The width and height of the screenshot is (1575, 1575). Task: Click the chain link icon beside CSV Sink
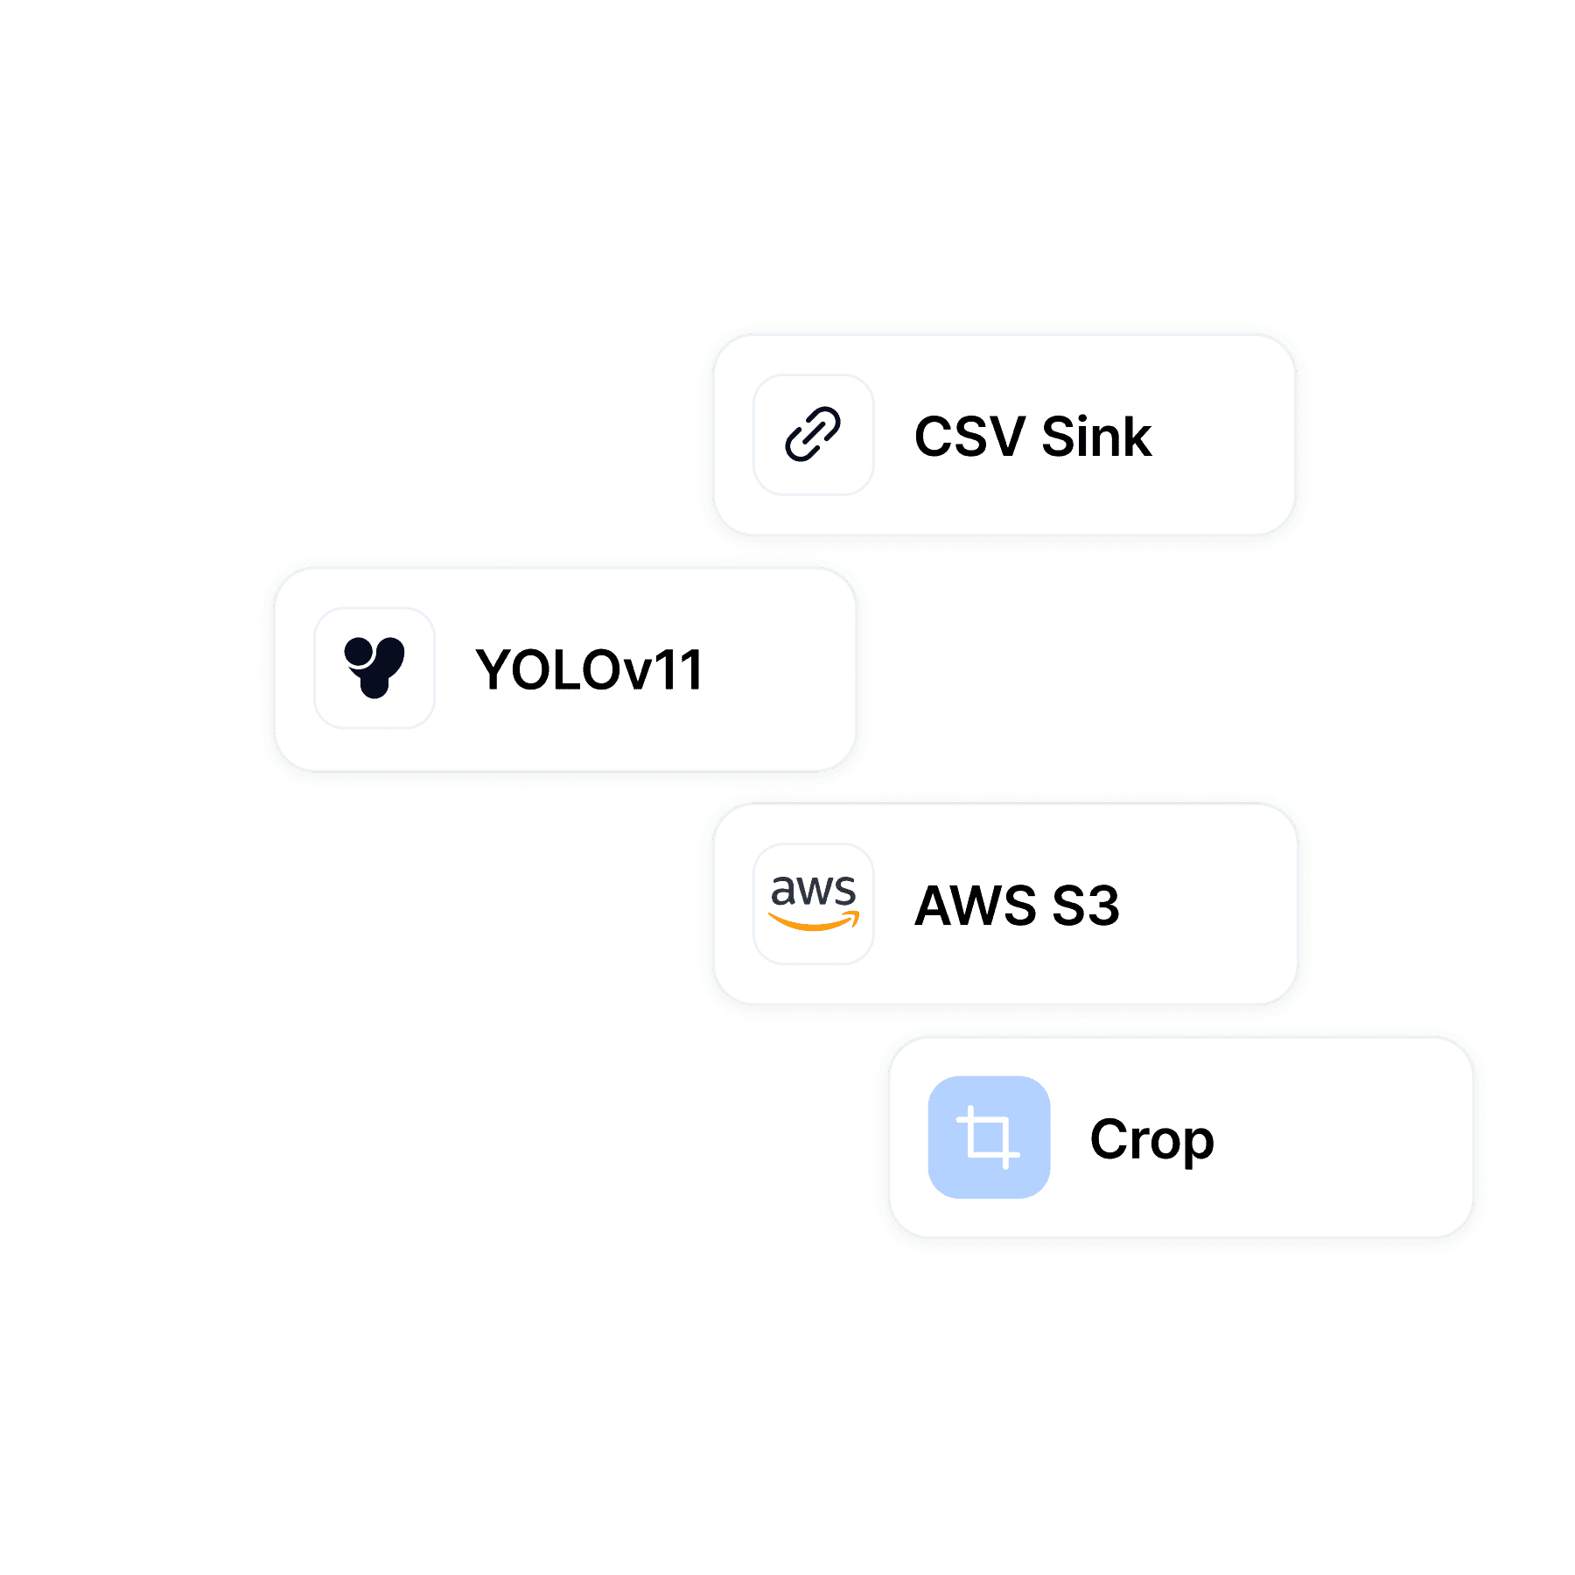pyautogui.click(x=813, y=434)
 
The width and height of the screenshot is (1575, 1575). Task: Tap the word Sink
pyautogui.click(x=1096, y=437)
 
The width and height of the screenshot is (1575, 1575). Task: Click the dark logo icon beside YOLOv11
pyautogui.click(x=374, y=668)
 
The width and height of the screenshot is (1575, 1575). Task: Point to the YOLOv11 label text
pyautogui.click(x=588, y=670)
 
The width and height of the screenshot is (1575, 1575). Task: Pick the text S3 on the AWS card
pyautogui.click(x=1086, y=906)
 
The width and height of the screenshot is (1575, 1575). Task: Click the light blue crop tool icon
pyautogui.click(x=989, y=1137)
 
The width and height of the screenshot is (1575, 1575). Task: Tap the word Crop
pyautogui.click(x=1151, y=1140)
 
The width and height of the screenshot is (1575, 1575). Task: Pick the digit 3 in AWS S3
pyautogui.click(x=1104, y=906)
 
